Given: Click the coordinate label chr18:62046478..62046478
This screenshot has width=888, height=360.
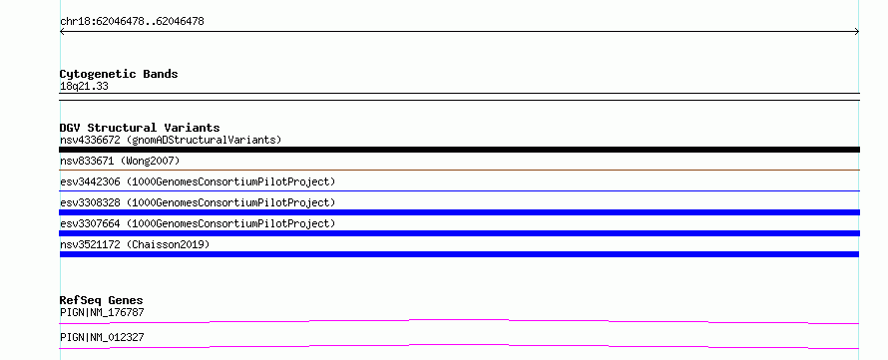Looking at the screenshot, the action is pyautogui.click(x=132, y=22).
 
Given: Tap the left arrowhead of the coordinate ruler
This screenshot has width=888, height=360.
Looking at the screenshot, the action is pyautogui.click(x=62, y=32).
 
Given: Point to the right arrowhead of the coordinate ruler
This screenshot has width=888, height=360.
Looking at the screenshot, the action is pyautogui.click(x=857, y=32).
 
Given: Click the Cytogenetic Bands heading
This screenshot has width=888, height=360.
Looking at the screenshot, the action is pyautogui.click(x=119, y=74).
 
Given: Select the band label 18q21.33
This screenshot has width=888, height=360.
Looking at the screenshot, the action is pyautogui.click(x=84, y=87).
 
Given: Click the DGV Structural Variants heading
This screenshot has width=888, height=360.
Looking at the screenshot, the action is pyautogui.click(x=140, y=128).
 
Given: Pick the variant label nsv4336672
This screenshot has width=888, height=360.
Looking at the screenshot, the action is pyautogui.click(x=90, y=140).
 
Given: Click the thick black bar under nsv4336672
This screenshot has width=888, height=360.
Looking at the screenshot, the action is pyautogui.click(x=459, y=150).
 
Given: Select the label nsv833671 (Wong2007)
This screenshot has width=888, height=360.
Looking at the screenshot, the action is pyautogui.click(x=120, y=161).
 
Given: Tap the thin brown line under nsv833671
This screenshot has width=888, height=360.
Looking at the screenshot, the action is pyautogui.click(x=459, y=170).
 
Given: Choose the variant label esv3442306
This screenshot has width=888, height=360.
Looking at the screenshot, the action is pyautogui.click(x=90, y=181).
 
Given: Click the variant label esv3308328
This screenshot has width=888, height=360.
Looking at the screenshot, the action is pyautogui.click(x=90, y=202).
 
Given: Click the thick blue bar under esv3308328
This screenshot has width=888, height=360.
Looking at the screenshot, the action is pyautogui.click(x=459, y=212).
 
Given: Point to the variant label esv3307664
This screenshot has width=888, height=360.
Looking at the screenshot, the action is pyautogui.click(x=90, y=223).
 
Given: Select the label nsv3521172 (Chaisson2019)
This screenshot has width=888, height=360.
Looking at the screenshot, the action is pyautogui.click(x=135, y=244).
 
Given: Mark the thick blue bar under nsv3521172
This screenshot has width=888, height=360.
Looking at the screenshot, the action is pyautogui.click(x=459, y=254).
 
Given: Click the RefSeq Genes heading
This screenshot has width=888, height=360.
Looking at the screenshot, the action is pyautogui.click(x=102, y=300).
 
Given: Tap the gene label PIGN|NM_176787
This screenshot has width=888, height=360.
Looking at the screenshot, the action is pyautogui.click(x=102, y=312).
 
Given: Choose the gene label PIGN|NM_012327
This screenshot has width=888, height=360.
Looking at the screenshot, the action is pyautogui.click(x=102, y=337).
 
